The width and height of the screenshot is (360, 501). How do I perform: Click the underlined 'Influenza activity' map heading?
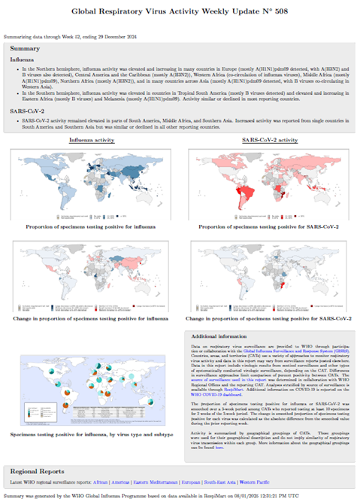point(92,140)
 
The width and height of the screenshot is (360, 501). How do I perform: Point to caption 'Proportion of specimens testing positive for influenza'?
point(92,226)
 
